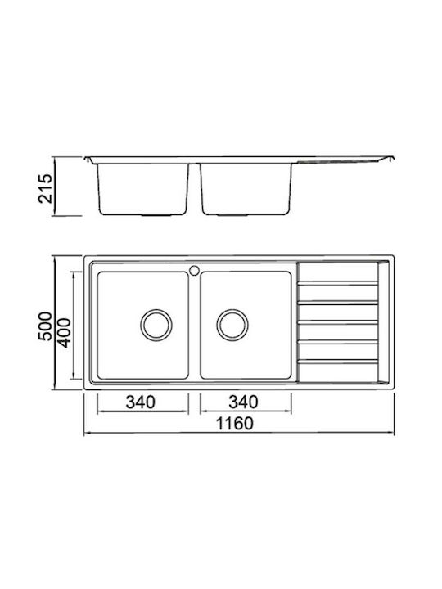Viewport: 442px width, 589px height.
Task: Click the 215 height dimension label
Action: coord(46,188)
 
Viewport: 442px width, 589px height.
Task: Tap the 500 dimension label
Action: coord(46,326)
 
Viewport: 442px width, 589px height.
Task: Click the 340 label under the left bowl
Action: coord(140,402)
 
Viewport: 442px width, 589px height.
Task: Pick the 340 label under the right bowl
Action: coord(243,402)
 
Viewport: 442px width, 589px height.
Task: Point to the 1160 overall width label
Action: coord(235,424)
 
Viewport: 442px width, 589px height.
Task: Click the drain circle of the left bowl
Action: coord(156,325)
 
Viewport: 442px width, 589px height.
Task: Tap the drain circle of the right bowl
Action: coord(232,325)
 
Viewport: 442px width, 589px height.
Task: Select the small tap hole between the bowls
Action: coord(194,270)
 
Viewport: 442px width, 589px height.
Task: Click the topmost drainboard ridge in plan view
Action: coord(338,283)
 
